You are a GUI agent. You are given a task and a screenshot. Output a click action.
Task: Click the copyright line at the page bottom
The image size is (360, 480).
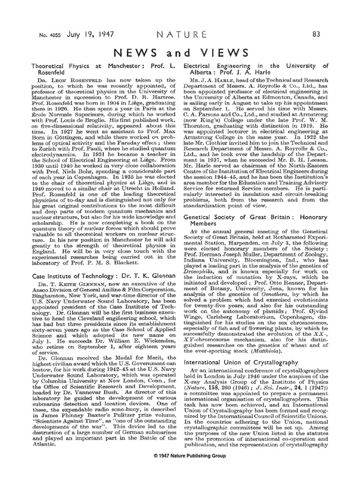(x=180, y=456)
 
